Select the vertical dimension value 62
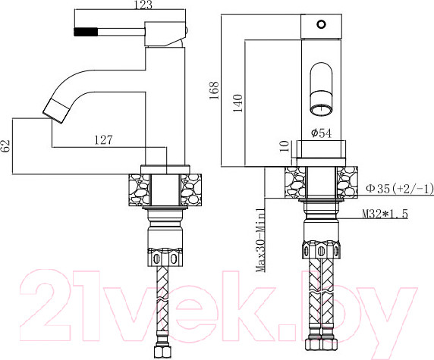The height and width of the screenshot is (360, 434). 7,146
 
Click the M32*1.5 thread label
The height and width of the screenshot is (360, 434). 385,214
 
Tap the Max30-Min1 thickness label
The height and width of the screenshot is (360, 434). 259,241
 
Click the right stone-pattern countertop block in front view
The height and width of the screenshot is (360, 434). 345,182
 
